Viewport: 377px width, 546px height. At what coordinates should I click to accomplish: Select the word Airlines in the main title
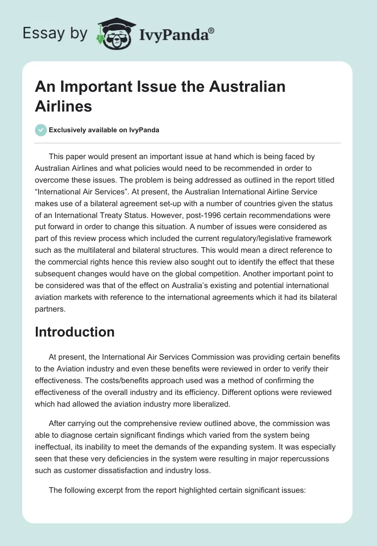tap(64, 106)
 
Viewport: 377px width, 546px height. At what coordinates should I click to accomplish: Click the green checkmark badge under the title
tap(41, 130)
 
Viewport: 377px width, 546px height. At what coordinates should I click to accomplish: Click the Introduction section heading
tap(75, 332)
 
